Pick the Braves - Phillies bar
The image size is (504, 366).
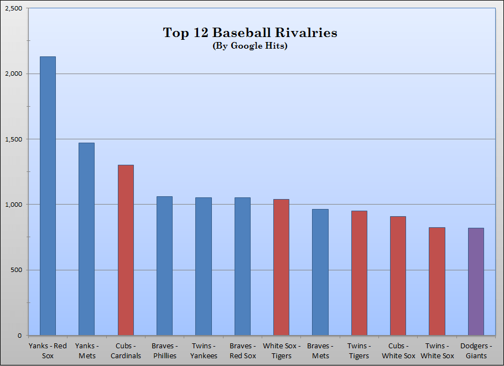164,266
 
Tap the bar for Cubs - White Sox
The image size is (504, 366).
398,276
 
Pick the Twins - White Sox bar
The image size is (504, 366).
437,281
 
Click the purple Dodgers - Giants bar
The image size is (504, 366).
476,281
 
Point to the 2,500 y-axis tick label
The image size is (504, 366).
13,8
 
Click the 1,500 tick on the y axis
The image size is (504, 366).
13,139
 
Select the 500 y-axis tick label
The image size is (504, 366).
17,270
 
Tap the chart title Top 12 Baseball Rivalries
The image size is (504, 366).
250,33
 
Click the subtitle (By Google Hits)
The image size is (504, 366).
250,46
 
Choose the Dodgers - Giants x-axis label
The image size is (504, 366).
476,351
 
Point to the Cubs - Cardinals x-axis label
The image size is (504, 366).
126,351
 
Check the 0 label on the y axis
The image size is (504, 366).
20,336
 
